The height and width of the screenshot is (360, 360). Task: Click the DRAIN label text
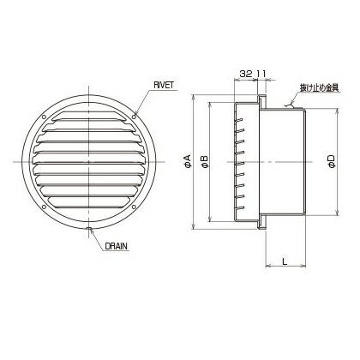tap(116, 245)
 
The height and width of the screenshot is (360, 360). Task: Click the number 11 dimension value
tap(261, 75)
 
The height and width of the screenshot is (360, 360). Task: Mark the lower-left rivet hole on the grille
tap(42, 205)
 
